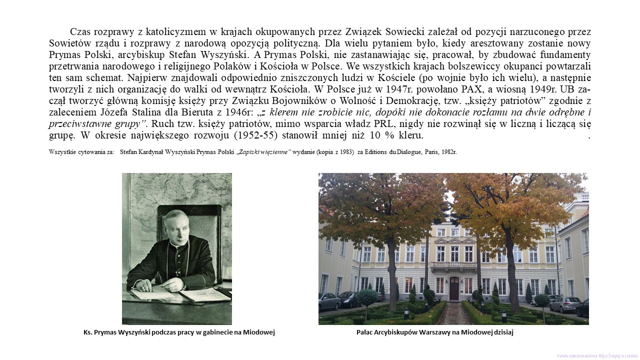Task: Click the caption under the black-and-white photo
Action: [x=179, y=332]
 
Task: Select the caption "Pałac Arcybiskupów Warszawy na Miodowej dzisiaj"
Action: [x=434, y=332]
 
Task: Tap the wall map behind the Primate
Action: [x=142, y=200]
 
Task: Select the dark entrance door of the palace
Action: [x=453, y=288]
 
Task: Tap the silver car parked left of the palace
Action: [x=330, y=301]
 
